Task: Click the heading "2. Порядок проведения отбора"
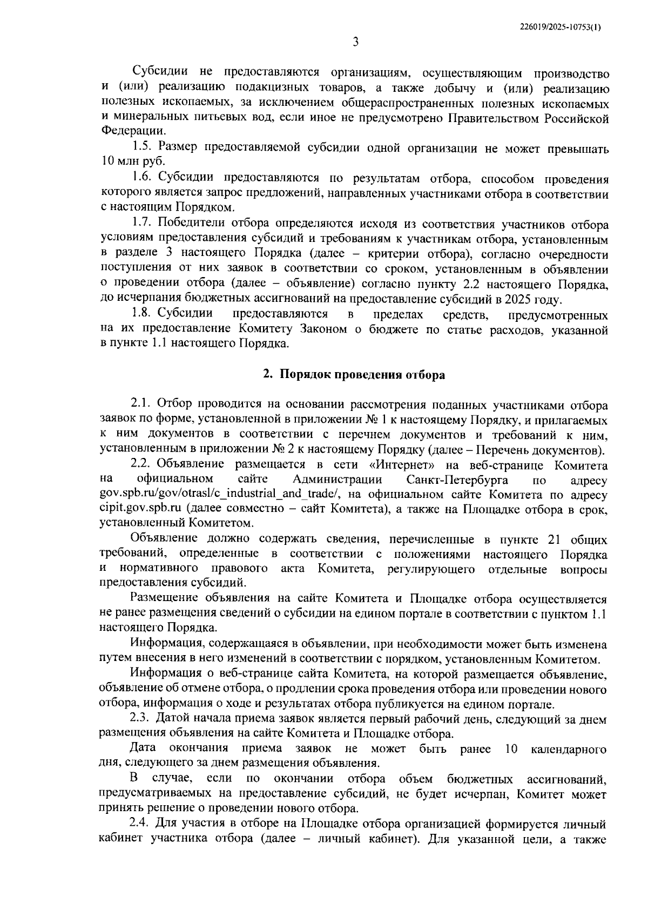(x=354, y=375)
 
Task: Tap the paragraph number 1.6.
(x=143, y=179)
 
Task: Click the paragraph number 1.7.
(x=143, y=224)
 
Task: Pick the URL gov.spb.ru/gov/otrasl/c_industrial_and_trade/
(x=221, y=495)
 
